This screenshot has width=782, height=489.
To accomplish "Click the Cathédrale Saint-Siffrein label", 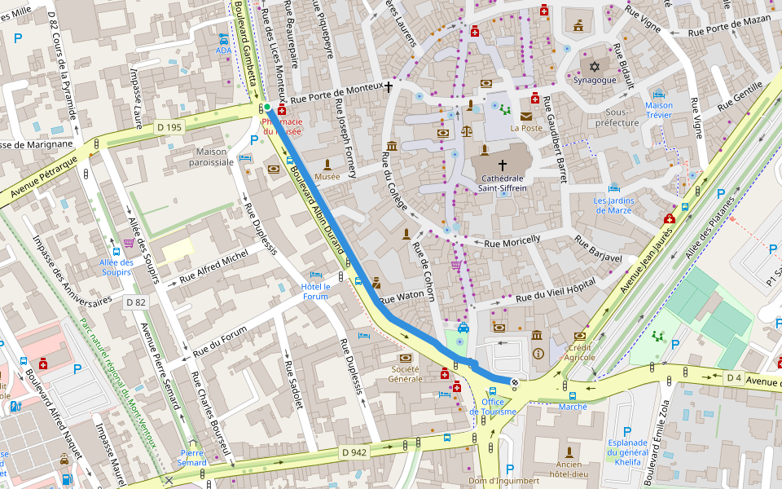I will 502,183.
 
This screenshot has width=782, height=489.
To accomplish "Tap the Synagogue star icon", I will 594,64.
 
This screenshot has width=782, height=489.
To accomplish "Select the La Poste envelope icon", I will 526,117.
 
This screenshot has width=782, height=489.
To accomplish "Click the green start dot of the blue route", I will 266,107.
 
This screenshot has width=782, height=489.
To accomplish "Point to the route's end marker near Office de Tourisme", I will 514,381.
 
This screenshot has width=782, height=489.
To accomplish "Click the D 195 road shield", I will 170,127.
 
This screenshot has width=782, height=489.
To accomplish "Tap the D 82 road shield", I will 135,302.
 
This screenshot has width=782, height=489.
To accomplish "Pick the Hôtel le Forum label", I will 315,291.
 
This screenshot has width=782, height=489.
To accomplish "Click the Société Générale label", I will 405,374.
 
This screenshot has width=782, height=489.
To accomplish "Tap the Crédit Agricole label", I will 580,351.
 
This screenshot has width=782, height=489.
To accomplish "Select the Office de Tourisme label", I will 498,407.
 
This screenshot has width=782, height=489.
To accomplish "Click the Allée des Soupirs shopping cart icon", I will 129,243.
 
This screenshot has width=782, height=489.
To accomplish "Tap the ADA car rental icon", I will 223,38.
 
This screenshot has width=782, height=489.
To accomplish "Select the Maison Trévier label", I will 658,110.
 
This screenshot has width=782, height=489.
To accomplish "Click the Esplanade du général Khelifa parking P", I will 626,431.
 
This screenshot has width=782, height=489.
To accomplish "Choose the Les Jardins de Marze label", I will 613,205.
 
